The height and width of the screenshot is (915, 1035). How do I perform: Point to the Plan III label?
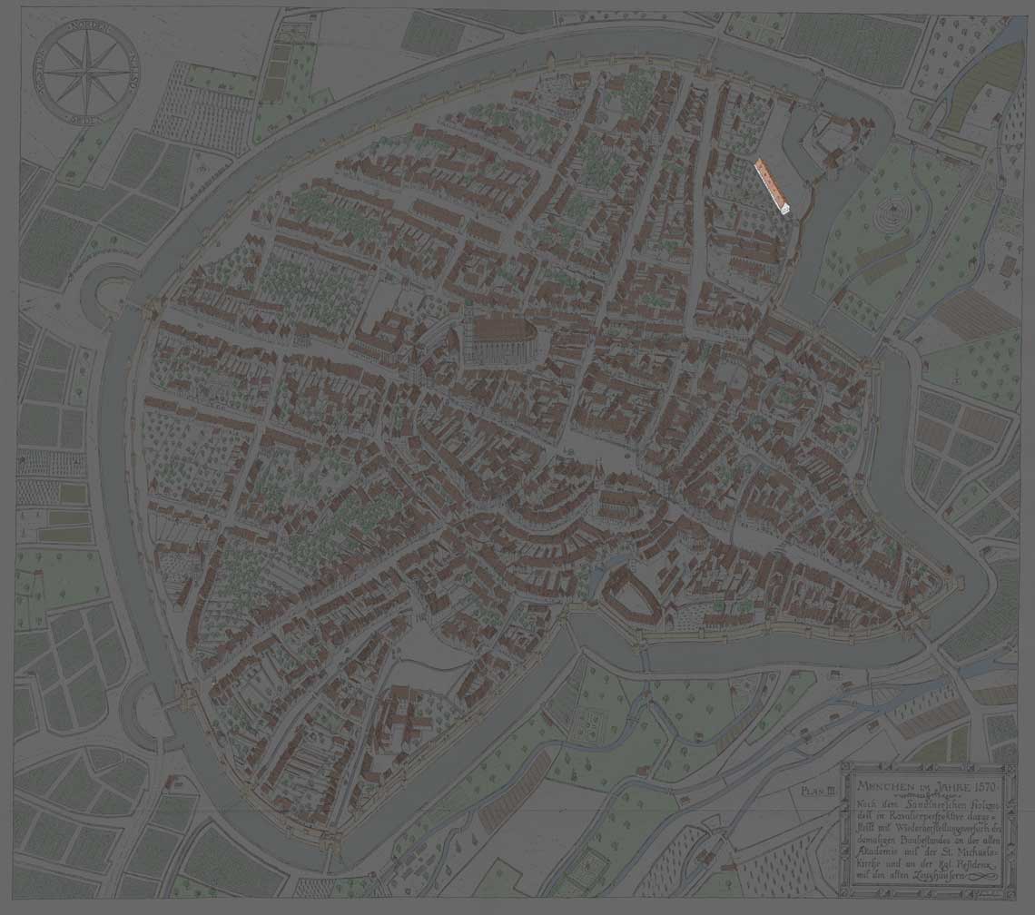click(817, 791)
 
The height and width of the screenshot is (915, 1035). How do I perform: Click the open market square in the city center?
click(581, 445)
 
